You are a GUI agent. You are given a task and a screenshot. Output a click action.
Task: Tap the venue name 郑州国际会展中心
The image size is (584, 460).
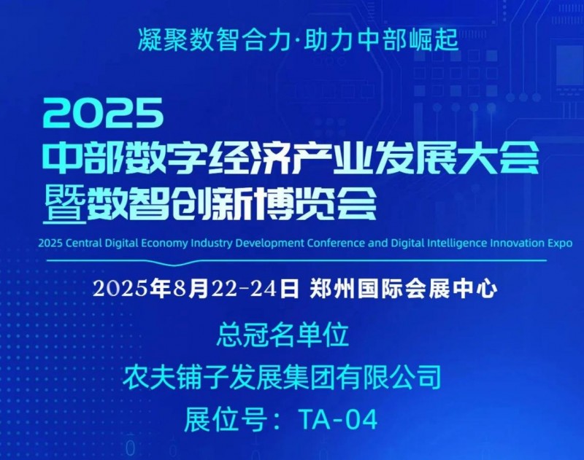pyautogui.click(x=403, y=289)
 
